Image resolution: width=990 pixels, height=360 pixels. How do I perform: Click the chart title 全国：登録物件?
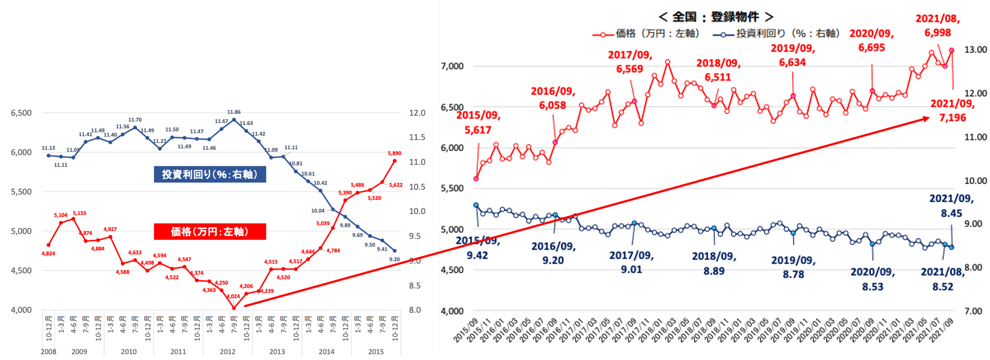point(716,17)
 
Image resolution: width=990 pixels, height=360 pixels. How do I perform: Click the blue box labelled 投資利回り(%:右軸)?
point(210,174)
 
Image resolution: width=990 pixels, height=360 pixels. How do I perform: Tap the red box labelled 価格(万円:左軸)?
point(210,232)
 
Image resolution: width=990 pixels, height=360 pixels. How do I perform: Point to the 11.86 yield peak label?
point(234,112)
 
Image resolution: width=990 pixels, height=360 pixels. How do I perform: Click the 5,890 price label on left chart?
point(394,153)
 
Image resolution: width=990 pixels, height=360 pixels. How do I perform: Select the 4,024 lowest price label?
point(233,296)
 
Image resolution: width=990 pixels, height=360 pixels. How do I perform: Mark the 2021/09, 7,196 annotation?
point(952,111)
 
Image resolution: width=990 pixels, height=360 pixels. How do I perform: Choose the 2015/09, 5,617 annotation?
point(478,123)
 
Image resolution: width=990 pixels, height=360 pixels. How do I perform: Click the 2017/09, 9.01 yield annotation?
point(632,262)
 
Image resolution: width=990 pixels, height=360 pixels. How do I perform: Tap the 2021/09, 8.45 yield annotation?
point(952,206)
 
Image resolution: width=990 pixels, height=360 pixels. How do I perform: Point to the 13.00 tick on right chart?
point(975,50)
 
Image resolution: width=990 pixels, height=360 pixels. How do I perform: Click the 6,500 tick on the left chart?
point(21,113)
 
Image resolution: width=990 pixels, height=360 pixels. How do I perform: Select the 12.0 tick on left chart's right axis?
point(417,113)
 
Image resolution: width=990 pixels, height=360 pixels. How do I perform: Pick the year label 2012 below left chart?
point(228,352)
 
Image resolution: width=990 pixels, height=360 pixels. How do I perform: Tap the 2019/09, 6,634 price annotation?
point(793,55)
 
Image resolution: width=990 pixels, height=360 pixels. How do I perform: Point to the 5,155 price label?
point(80,213)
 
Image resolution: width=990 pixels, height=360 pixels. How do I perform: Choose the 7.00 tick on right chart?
point(973,311)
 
